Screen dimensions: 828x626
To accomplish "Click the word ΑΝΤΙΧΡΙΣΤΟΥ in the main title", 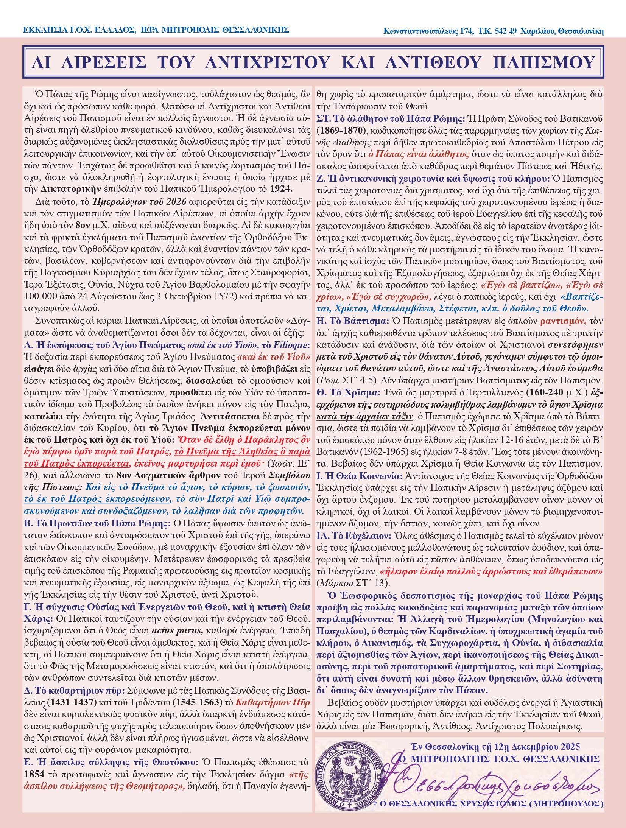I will click(x=267, y=62).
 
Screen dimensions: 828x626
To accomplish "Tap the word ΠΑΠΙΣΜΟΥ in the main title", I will click(x=544, y=62).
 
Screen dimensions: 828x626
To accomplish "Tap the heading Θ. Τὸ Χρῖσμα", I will click(x=348, y=392).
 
